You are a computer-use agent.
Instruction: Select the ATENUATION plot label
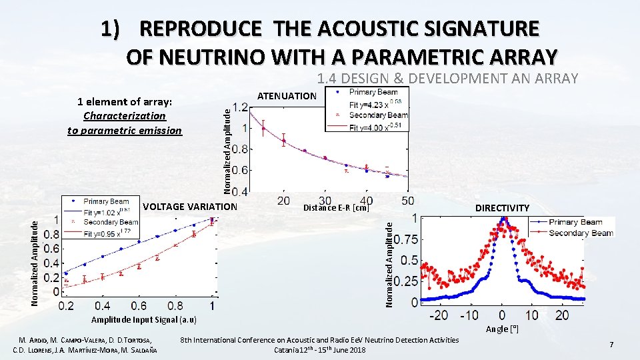coord(287,96)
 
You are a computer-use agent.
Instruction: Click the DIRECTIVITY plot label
coord(502,208)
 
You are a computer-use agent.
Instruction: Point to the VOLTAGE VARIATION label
coord(189,206)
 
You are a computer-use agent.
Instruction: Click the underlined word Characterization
coord(124,116)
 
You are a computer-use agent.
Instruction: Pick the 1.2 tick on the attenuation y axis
coord(241,107)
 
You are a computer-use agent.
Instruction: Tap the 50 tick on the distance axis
coord(407,201)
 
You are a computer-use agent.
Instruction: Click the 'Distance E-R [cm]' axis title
coord(336,207)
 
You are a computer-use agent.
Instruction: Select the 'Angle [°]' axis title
coord(502,329)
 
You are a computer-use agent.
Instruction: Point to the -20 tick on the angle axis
coord(439,315)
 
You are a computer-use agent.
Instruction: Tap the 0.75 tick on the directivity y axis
coord(406,239)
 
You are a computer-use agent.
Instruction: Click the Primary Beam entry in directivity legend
coord(577,222)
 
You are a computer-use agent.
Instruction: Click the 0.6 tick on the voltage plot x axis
coord(138,305)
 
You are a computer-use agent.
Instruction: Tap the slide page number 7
coord(610,344)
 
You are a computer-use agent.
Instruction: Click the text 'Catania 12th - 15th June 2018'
coord(319,350)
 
